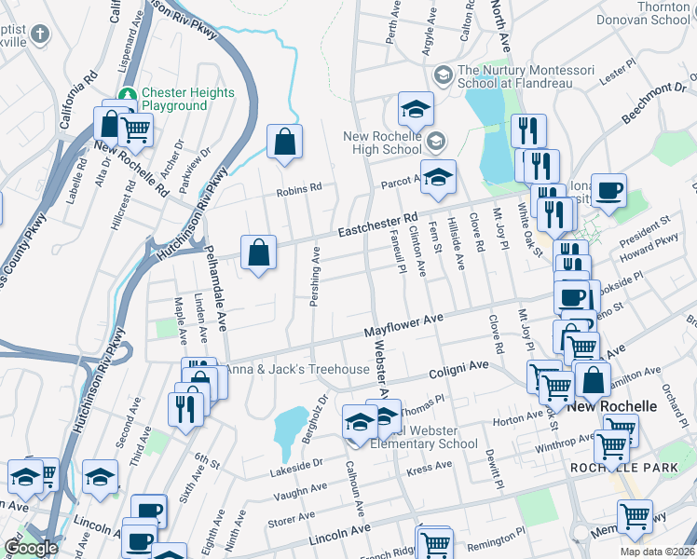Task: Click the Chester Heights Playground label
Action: point(173,100)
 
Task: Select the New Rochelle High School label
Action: point(383,143)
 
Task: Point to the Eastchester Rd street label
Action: point(377,225)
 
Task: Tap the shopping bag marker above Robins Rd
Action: point(285,143)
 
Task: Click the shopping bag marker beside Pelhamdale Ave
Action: point(259,252)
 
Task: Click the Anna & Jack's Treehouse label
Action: point(297,369)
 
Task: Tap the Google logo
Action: point(31,548)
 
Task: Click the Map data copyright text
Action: point(656,552)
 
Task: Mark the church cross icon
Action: point(38,34)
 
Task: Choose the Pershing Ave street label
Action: point(315,276)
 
